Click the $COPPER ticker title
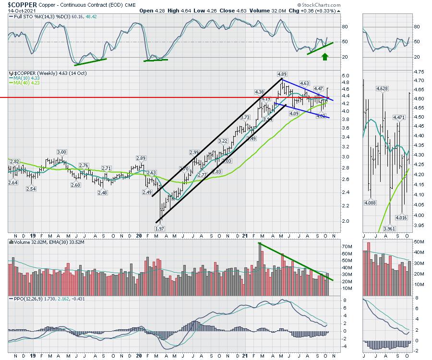pos(19,4)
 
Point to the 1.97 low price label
pos(159,228)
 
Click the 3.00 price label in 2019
pos(61,152)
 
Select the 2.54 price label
pos(32,189)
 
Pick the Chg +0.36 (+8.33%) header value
pos(315,11)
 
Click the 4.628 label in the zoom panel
pos(382,89)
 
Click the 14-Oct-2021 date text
pos(16,11)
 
